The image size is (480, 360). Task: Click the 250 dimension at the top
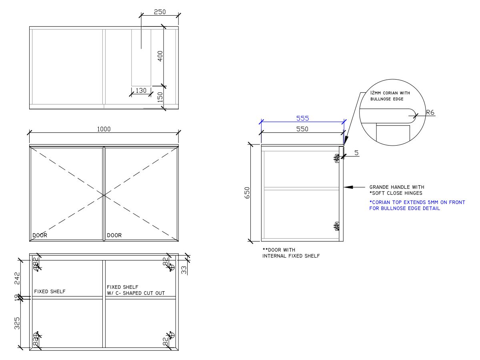(x=159, y=12)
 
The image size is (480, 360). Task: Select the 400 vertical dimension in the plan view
(x=160, y=57)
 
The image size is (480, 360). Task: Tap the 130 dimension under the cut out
(x=141, y=90)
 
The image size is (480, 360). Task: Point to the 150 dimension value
(x=160, y=98)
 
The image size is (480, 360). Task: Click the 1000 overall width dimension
(x=104, y=129)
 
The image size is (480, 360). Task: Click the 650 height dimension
(x=247, y=193)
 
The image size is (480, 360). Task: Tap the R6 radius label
(x=430, y=113)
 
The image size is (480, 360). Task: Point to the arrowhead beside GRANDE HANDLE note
(x=348, y=187)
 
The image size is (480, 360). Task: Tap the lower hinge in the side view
(x=337, y=227)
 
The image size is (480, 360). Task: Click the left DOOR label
(x=40, y=235)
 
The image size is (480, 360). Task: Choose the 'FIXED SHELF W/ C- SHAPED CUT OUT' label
(x=141, y=290)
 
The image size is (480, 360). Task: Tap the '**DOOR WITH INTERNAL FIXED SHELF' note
(x=291, y=253)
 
